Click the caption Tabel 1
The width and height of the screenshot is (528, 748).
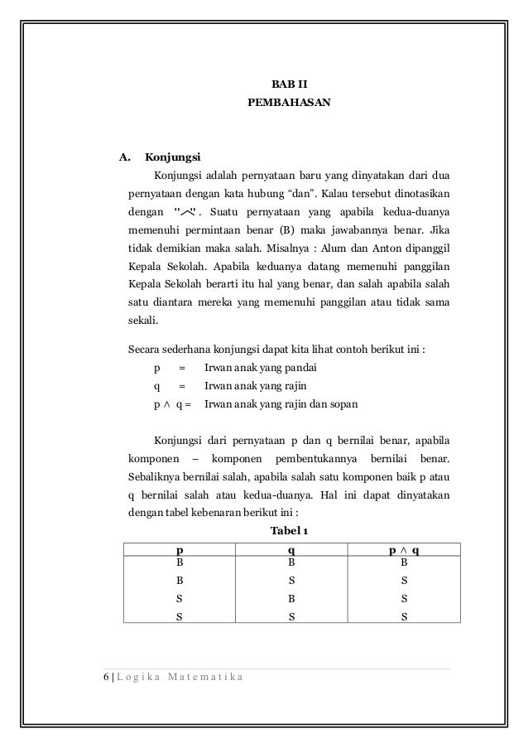[x=289, y=530]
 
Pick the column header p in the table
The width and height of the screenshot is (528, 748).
[x=180, y=549]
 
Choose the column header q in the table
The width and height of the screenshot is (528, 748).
[x=290, y=549]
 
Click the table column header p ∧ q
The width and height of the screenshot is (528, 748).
[x=402, y=549]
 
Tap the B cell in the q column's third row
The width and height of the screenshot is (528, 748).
[x=290, y=597]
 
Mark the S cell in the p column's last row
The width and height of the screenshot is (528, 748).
[x=180, y=615]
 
